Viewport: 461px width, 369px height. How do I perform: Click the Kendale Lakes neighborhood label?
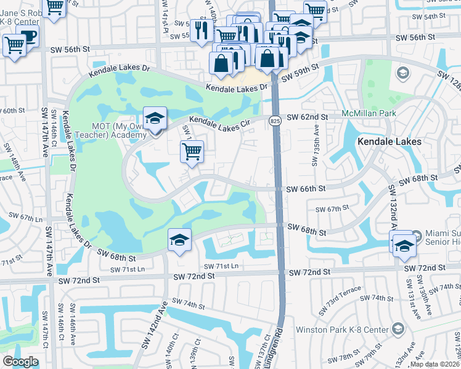[390, 141]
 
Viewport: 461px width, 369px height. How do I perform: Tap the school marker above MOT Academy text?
[155, 119]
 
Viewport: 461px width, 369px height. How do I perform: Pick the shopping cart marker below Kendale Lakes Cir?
[192, 151]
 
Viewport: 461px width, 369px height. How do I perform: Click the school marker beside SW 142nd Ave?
[179, 240]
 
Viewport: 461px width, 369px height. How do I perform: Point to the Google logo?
[20, 362]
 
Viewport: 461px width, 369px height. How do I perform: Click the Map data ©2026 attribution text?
[435, 364]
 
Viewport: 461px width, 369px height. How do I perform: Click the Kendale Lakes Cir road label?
[219, 123]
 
